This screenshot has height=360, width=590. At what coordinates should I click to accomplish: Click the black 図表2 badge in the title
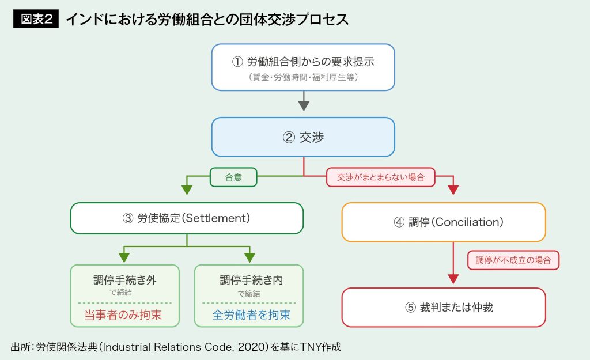(36, 19)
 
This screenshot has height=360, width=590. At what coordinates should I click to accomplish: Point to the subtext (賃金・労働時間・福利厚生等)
(302, 77)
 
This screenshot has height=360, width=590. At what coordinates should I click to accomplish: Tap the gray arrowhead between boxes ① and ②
(304, 105)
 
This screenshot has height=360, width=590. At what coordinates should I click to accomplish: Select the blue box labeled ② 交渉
(302, 137)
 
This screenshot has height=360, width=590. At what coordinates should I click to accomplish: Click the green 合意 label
(233, 177)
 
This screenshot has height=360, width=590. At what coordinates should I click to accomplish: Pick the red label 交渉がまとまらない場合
(381, 177)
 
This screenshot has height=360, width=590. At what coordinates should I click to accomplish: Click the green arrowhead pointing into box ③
(187, 190)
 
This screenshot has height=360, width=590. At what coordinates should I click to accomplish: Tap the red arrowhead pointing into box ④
(453, 190)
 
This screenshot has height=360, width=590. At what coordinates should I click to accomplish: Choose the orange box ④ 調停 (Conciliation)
(444, 222)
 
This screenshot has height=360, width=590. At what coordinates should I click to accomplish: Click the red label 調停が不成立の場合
(513, 260)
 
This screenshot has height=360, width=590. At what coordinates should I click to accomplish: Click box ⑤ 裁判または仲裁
(444, 307)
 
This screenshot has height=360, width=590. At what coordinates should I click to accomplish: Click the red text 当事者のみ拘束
(125, 315)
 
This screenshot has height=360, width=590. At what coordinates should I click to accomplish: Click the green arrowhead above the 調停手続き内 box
(249, 256)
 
